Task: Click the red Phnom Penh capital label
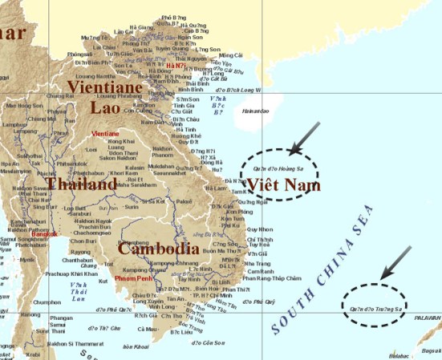132,279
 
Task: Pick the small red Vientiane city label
107,133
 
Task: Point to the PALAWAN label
428,317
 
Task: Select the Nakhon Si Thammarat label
81,342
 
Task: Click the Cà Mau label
147,329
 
